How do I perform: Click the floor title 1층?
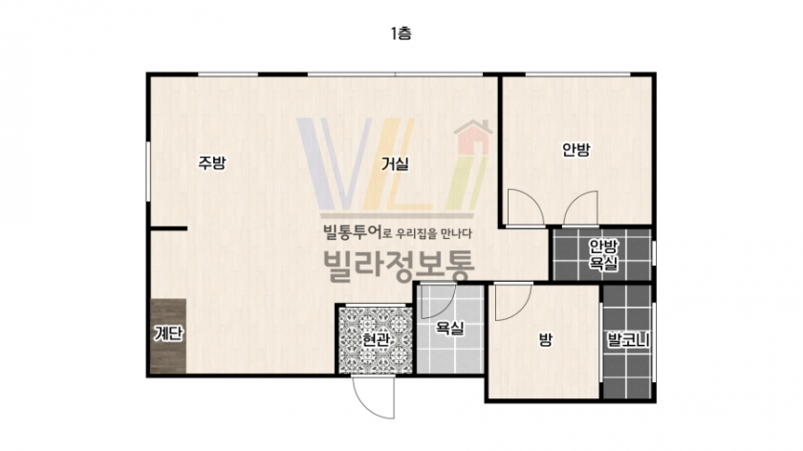[x=401, y=33]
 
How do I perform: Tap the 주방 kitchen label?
[x=212, y=162]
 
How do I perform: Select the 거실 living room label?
[x=395, y=163]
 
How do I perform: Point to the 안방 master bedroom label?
[x=576, y=149]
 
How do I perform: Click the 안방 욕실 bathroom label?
[x=603, y=254]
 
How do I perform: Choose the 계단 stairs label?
[x=168, y=333]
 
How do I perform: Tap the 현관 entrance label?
[x=376, y=339]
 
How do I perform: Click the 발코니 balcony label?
[x=628, y=340]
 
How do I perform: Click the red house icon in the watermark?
[x=473, y=138]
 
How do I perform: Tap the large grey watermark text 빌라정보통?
[x=399, y=267]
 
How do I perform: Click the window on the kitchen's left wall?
[x=148, y=171]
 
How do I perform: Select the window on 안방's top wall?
[x=577, y=75]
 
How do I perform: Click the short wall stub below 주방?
[x=168, y=228]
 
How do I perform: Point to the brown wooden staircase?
[x=168, y=336]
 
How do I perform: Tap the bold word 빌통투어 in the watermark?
[x=353, y=233]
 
